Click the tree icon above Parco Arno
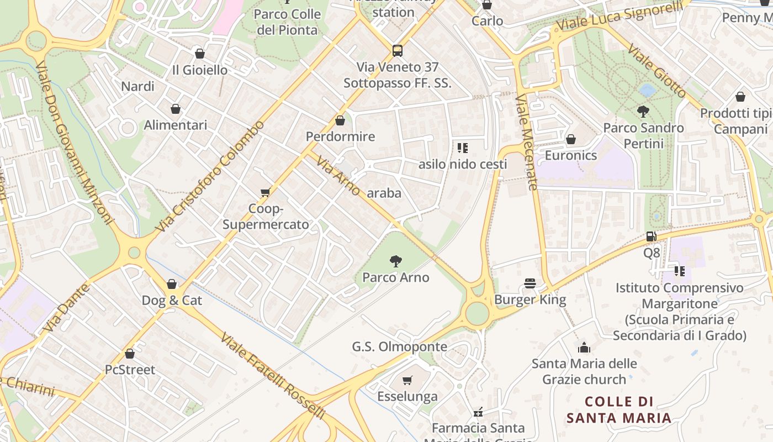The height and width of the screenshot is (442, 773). [x=395, y=261]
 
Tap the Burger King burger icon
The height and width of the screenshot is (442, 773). [x=531, y=283]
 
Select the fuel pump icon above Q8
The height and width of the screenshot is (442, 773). [x=652, y=236]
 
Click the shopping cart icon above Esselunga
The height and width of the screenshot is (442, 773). [x=407, y=380]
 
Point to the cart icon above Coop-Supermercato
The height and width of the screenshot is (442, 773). [x=266, y=192]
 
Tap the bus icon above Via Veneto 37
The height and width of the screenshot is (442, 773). [x=398, y=51]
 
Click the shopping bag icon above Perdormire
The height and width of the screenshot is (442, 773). [x=340, y=120]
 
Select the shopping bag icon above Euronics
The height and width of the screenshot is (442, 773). [x=571, y=139]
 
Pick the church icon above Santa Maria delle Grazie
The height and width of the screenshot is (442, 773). [x=584, y=348]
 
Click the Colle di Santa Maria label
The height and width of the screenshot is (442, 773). [x=619, y=409]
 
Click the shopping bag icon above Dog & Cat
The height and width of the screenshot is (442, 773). [x=172, y=284]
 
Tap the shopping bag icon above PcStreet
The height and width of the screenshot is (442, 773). [x=130, y=354]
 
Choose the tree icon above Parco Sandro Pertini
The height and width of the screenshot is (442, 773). [x=643, y=112]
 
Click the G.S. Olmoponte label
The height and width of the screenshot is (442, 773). [x=400, y=347]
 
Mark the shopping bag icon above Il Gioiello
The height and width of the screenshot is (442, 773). [x=200, y=54]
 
